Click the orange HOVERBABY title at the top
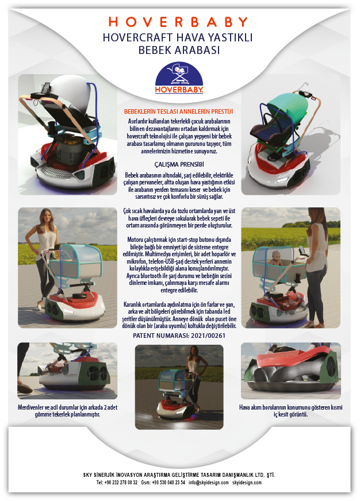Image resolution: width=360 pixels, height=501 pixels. click(x=178, y=22)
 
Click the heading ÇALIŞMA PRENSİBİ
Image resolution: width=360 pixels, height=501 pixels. click(x=179, y=164)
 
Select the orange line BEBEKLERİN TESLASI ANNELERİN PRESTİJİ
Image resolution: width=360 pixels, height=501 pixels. click(x=178, y=111)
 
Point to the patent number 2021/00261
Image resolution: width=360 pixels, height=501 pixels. click(x=208, y=336)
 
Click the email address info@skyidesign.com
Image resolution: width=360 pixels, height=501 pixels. click(x=208, y=483)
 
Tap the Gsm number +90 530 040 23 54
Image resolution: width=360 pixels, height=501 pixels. click(x=168, y=483)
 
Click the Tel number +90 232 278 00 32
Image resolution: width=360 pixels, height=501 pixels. click(x=121, y=483)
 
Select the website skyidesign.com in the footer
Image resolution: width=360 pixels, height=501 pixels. click(x=247, y=483)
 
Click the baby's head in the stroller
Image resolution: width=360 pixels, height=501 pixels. click(x=275, y=255)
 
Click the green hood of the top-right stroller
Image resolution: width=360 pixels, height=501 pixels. click(x=286, y=107)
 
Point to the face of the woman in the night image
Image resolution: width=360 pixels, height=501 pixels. click(x=195, y=352)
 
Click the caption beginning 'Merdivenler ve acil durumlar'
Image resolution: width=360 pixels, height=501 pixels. click(x=67, y=411)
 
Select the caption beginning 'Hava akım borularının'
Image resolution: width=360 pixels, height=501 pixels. click(x=290, y=411)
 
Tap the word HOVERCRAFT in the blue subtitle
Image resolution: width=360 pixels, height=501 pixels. click(x=137, y=38)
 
